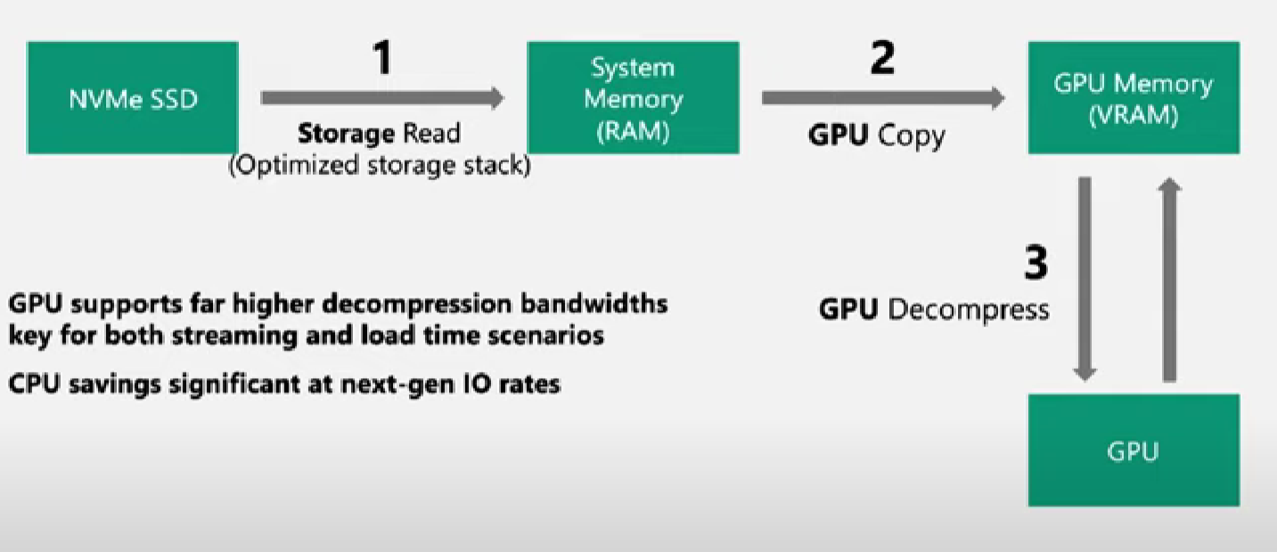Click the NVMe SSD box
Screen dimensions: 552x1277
click(x=133, y=98)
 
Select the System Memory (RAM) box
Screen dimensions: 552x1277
click(x=633, y=98)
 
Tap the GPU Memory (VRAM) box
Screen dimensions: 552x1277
click(x=1133, y=98)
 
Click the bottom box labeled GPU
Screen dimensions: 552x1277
click(x=1133, y=450)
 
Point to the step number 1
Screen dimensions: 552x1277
click(x=381, y=59)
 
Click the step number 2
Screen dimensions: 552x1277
click(x=881, y=59)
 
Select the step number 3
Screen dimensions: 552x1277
click(x=1035, y=263)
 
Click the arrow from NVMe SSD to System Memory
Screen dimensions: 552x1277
click(x=382, y=98)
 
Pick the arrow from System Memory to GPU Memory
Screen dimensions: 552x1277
click(x=882, y=98)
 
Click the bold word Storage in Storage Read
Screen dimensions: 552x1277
click(x=346, y=134)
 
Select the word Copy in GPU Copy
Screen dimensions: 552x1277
click(x=912, y=135)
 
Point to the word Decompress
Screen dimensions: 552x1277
click(x=970, y=309)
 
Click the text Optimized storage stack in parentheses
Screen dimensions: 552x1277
click(x=380, y=166)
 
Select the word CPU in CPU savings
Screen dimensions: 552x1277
click(x=32, y=384)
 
